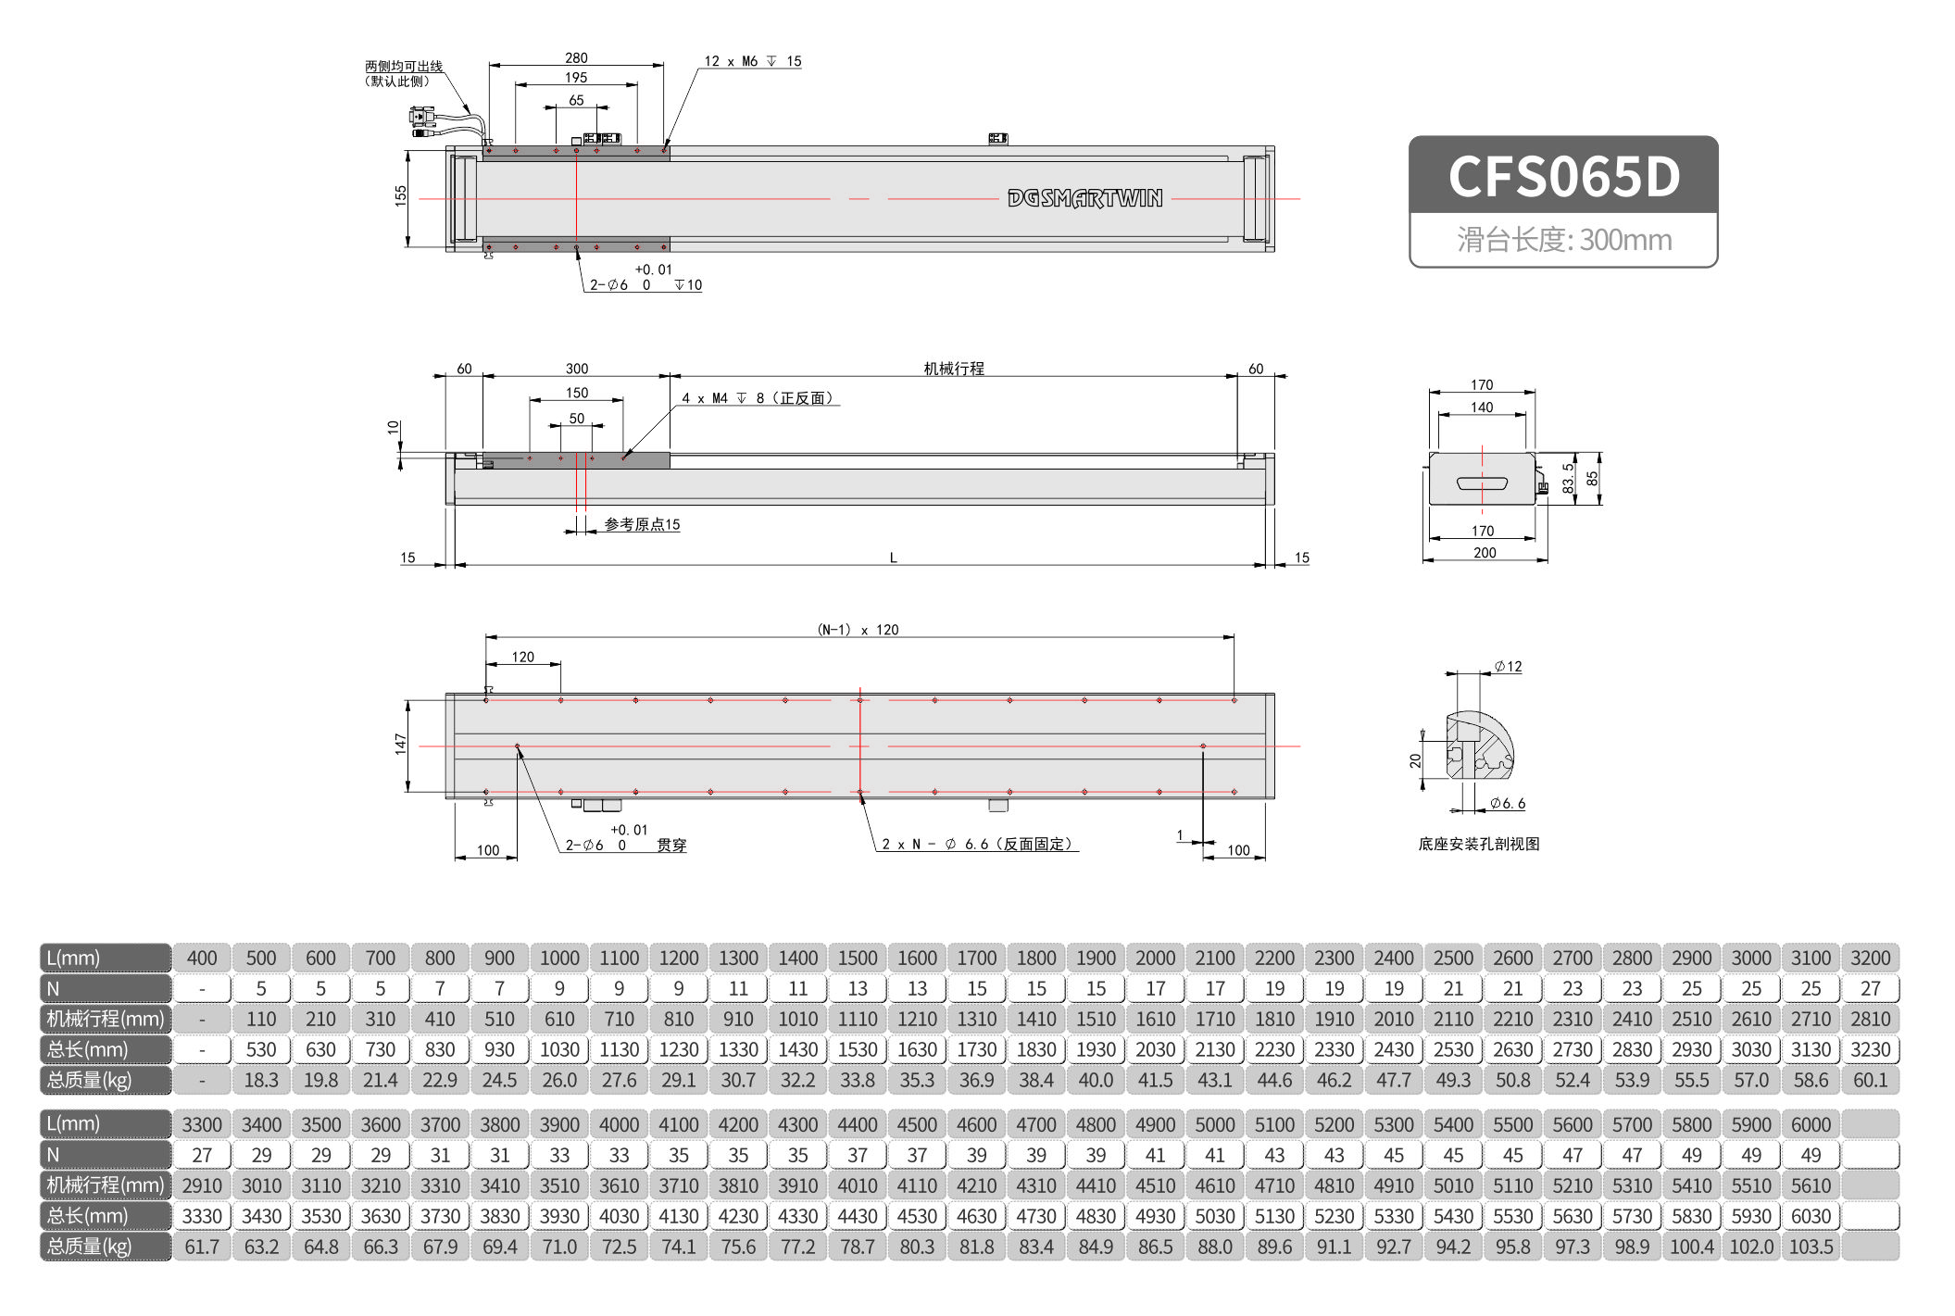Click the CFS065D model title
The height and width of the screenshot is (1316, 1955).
point(1563,176)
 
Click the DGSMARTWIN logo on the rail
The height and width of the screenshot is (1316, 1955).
point(1084,198)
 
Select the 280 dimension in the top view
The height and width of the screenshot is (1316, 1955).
point(576,58)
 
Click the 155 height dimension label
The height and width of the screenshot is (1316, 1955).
point(400,195)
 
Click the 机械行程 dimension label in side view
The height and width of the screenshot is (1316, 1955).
point(953,369)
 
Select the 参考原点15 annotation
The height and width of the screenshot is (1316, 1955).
point(642,525)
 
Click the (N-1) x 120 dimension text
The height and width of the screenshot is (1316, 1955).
point(858,630)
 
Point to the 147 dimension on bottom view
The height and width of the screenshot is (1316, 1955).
point(400,744)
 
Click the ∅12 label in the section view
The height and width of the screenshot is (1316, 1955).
point(1508,667)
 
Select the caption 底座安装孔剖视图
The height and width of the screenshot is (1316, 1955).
point(1478,844)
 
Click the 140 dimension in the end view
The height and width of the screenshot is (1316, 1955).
point(1482,407)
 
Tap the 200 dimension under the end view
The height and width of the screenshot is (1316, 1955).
point(1485,553)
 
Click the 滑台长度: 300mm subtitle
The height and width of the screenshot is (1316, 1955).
point(1563,240)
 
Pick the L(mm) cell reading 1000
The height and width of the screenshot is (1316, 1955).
point(559,958)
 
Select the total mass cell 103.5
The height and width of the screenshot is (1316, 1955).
point(1811,1247)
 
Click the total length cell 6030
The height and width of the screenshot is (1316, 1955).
point(1811,1216)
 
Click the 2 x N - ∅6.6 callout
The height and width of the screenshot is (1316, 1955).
point(976,845)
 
